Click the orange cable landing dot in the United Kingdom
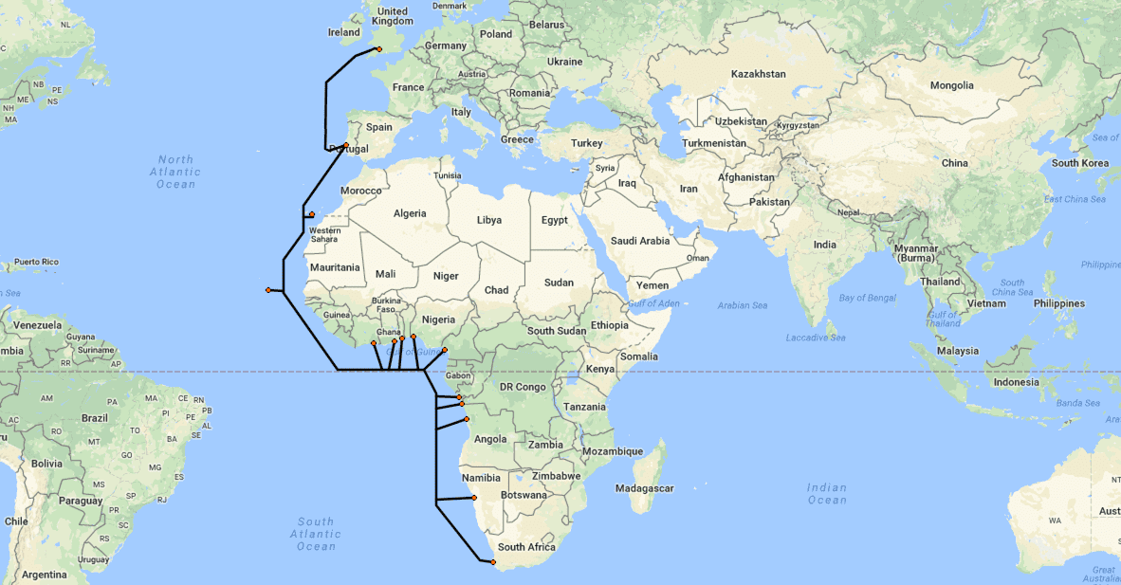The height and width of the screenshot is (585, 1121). (378, 49)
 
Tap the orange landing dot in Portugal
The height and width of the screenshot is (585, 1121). (346, 145)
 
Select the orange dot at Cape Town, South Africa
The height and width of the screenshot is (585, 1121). (493, 562)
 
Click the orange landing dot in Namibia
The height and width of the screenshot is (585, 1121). (474, 497)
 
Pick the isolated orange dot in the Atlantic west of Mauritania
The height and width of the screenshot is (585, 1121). (268, 289)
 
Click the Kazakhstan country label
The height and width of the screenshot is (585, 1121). (758, 74)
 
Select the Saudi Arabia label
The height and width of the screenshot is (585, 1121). (640, 241)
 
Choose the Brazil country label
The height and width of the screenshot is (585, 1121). (95, 418)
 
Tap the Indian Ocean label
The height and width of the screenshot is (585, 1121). (826, 493)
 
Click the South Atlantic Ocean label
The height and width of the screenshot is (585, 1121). (316, 534)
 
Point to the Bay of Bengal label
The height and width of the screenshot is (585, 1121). (867, 299)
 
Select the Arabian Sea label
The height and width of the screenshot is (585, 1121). (742, 305)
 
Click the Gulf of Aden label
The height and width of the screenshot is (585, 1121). (653, 303)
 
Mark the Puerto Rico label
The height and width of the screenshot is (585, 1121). (36, 262)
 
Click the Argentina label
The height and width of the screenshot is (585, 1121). (44, 575)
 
